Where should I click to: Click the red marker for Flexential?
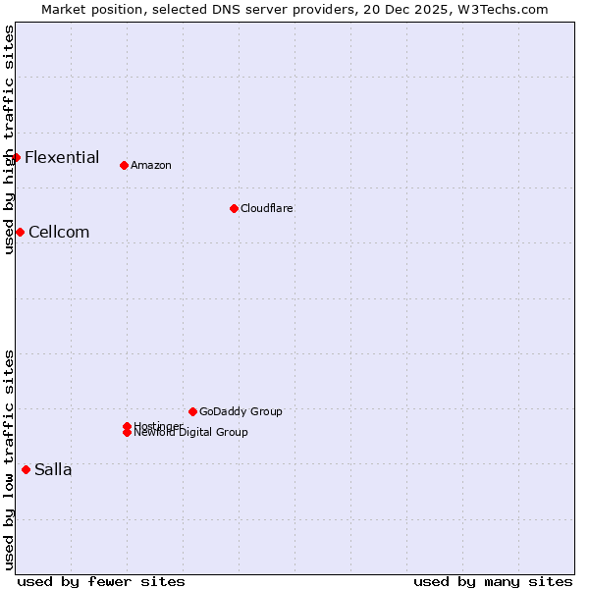[x=16, y=157]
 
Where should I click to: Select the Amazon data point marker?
[x=124, y=165]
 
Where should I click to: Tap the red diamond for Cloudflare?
[x=234, y=208]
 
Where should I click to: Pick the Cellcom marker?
[x=20, y=232]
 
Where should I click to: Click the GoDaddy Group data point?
[x=192, y=411]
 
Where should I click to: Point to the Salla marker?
[x=26, y=469]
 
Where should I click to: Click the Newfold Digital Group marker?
[x=127, y=433]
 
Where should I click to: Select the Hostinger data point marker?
[x=127, y=426]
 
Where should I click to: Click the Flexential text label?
[x=62, y=157]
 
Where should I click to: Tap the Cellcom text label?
[x=59, y=232]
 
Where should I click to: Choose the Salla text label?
[x=53, y=469]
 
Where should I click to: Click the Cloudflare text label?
[x=267, y=208]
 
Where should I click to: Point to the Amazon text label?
[x=151, y=165]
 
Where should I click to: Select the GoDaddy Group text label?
[x=241, y=411]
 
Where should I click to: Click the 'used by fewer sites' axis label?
[x=101, y=581]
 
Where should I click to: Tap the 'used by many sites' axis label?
[x=493, y=581]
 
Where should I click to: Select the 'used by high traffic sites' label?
[x=9, y=139]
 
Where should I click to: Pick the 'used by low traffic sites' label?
[x=9, y=459]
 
